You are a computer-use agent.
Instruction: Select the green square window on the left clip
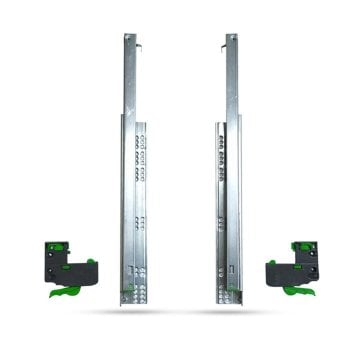coord(63,246)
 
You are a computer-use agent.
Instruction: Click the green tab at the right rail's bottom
coord(231,297)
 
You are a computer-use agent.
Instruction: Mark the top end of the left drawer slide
coord(129,38)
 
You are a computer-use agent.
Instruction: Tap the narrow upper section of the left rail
coord(129,80)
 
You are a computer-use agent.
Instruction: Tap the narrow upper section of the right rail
coord(231,80)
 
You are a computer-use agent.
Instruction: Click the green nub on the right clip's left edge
coord(268,264)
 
